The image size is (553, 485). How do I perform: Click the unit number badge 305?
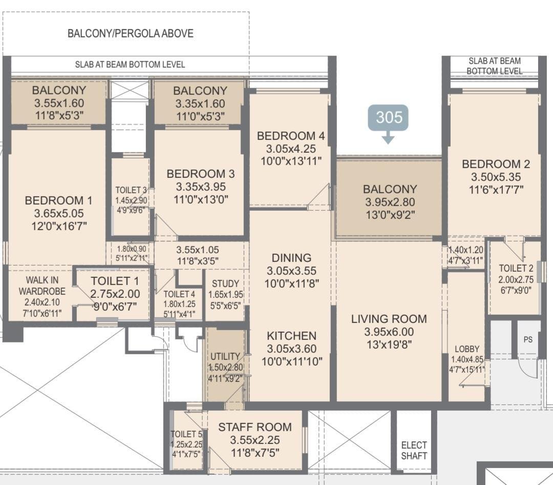(x=388, y=117)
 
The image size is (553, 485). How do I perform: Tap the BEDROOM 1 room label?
(x=58, y=200)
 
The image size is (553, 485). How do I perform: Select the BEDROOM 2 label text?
(x=495, y=164)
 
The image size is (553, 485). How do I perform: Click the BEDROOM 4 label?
(x=290, y=136)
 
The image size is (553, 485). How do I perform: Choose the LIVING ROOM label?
(x=389, y=319)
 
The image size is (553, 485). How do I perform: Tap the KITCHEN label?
(x=291, y=336)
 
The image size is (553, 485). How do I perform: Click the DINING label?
(x=291, y=258)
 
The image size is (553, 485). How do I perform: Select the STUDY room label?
(x=225, y=284)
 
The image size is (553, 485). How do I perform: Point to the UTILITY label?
(x=225, y=356)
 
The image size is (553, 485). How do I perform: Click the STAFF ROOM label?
(x=254, y=427)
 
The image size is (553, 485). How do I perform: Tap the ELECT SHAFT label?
(x=414, y=450)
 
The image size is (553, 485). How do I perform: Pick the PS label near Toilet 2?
(x=528, y=339)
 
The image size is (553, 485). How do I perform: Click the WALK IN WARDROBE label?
(x=42, y=285)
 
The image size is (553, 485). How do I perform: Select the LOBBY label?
(x=467, y=349)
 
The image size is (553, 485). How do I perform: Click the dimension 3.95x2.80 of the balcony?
(x=390, y=202)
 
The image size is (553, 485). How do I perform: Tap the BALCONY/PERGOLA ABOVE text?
(x=130, y=34)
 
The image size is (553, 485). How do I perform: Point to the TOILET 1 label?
(x=114, y=281)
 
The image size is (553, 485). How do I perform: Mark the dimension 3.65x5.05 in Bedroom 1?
(x=58, y=213)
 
